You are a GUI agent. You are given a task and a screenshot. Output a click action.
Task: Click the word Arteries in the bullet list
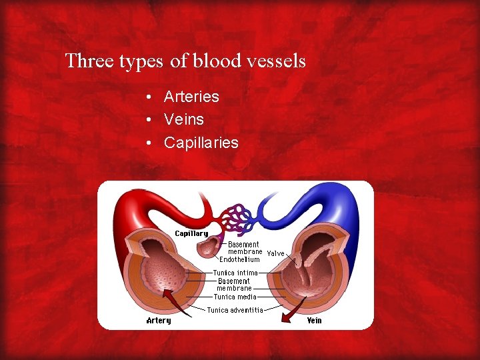tap(191, 97)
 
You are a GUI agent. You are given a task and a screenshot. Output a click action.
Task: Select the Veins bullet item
tap(184, 120)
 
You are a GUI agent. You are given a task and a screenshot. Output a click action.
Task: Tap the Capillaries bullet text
tap(201, 143)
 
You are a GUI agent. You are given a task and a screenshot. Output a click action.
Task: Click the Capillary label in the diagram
tap(191, 233)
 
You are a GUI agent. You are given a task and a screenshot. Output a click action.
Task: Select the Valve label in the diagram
tap(276, 253)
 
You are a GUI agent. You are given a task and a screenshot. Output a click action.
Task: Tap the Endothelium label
tap(239, 260)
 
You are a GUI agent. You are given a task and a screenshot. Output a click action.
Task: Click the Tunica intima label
tap(235, 273)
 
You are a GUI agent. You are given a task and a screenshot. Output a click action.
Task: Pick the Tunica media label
tap(234, 297)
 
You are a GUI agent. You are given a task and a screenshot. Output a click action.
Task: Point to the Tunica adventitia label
tap(235, 310)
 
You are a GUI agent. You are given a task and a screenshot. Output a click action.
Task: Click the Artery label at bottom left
tap(159, 321)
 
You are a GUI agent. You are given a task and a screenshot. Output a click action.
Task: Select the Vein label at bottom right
tap(314, 321)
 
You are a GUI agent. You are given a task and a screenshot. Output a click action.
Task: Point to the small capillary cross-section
tap(208, 249)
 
